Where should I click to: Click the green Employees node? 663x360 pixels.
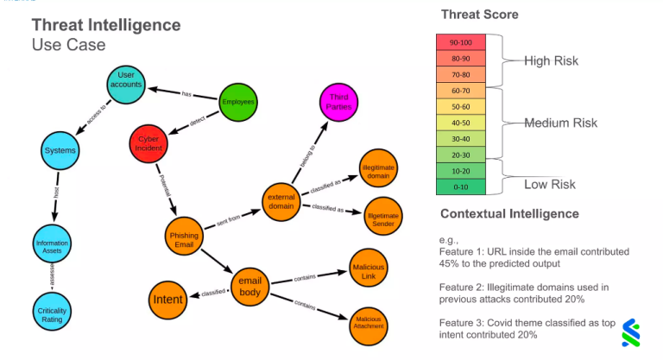point(238,102)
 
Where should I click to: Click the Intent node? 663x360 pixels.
point(167,300)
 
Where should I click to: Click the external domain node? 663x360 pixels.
point(282,200)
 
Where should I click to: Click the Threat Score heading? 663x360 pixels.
point(478,15)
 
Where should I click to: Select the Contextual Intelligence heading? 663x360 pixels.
point(509,213)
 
